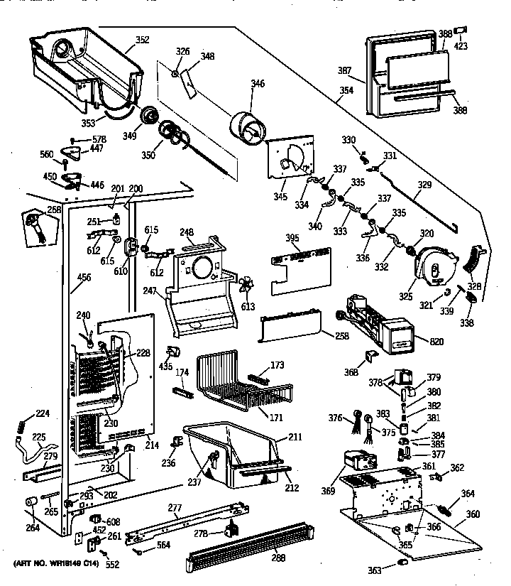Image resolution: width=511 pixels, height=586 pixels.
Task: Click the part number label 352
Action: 142,40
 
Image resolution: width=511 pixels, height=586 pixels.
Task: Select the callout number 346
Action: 256,84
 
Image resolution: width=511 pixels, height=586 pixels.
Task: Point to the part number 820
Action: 436,342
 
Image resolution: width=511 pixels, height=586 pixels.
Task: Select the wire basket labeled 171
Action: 241,384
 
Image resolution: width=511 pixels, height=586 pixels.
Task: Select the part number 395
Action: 292,237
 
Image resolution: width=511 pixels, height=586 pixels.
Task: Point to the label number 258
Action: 342,336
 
